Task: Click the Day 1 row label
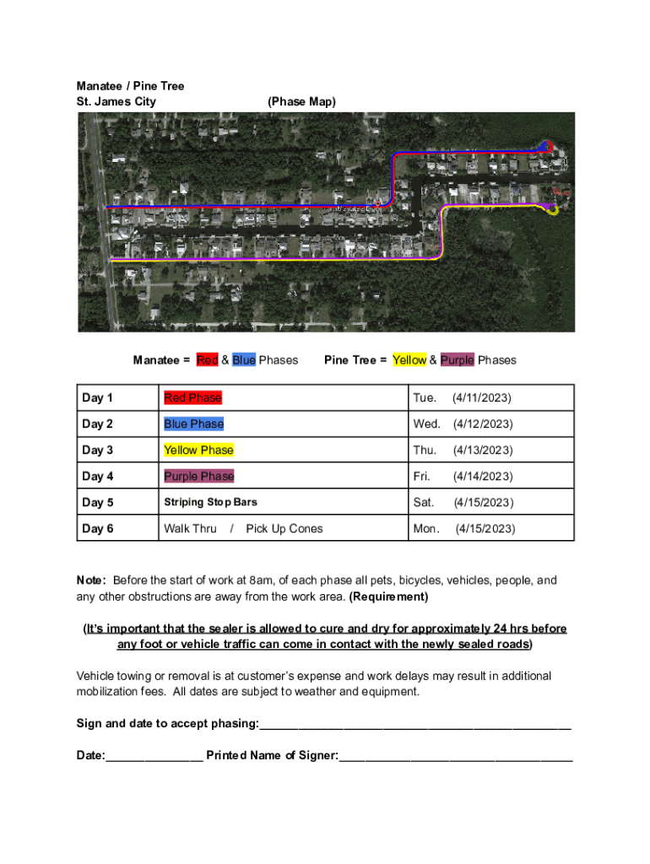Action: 97,397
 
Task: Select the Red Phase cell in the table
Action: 192,397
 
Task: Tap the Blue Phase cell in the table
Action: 193,424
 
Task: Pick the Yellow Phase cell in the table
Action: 198,450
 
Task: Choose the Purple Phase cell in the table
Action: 198,476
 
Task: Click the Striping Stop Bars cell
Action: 210,502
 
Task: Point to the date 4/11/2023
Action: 482,397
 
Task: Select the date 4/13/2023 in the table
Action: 482,450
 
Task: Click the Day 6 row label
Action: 97,529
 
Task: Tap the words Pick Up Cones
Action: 284,529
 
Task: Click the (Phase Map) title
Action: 301,101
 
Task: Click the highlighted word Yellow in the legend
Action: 409,360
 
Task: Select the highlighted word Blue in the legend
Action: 244,360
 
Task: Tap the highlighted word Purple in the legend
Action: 457,360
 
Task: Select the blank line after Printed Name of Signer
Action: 456,757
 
